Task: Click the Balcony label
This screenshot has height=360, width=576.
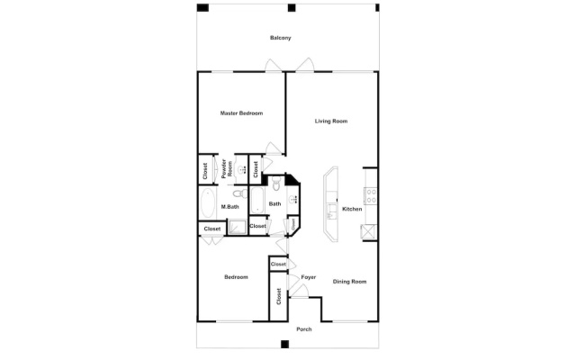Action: coord(280,38)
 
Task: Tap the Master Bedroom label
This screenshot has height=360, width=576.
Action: coord(241,113)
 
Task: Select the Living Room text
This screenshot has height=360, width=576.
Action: coord(331,121)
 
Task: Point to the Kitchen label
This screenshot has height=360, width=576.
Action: coord(352,209)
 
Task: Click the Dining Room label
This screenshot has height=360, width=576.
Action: coord(349,282)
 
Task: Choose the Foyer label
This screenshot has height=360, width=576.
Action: coord(308,277)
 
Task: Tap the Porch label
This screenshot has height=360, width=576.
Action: coord(304,329)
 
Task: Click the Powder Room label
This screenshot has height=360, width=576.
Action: coord(227,168)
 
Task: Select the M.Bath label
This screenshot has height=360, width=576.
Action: coord(230,207)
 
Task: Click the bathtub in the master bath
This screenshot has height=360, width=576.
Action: coord(208,203)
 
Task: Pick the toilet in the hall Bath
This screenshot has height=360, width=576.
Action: coord(276,184)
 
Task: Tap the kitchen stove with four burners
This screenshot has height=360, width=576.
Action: coord(371,196)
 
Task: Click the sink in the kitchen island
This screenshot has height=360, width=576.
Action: coord(332,211)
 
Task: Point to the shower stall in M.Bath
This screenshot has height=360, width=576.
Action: coord(238,227)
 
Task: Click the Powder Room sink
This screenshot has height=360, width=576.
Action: coord(241,169)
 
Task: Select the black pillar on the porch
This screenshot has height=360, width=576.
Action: coord(284,344)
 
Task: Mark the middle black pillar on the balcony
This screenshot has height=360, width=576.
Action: coord(292,8)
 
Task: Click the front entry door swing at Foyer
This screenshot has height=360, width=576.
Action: coord(298,290)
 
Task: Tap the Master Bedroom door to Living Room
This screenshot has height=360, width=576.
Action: coord(274,148)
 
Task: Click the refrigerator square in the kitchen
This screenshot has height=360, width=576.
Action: coord(368,232)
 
